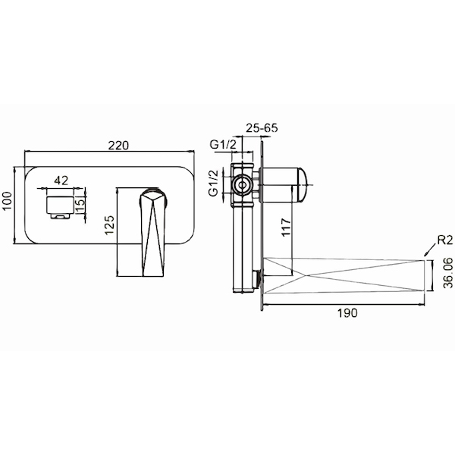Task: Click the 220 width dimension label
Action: click(118, 145)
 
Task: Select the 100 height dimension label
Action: click(7, 200)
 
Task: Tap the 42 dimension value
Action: click(61, 180)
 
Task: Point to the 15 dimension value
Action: click(81, 204)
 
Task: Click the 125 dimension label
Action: click(110, 225)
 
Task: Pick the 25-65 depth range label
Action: click(262, 127)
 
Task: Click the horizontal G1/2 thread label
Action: click(224, 144)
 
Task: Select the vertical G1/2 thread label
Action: click(214, 183)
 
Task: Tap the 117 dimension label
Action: click(286, 227)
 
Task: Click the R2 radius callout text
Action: click(445, 240)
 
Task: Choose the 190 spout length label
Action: click(347, 313)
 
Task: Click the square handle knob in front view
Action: click(59, 204)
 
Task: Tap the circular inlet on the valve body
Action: click(241, 185)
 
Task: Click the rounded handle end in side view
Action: click(302, 184)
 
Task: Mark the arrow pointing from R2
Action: click(430, 250)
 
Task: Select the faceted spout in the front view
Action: click(153, 233)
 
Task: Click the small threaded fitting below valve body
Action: click(257, 278)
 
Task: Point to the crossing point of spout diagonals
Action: click(304, 275)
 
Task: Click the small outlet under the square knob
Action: click(61, 215)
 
